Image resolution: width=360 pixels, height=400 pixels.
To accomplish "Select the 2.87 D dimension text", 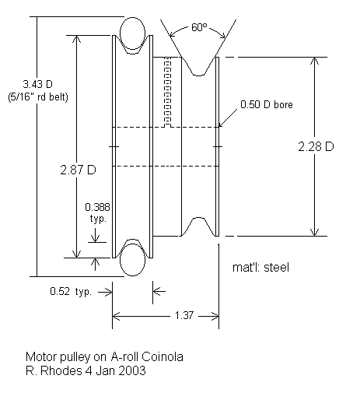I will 79,169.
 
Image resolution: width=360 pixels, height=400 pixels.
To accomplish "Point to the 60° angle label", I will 199,28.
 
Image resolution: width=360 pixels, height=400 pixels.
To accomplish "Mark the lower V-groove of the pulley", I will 198,226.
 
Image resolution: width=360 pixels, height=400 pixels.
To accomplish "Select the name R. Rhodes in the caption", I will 46,370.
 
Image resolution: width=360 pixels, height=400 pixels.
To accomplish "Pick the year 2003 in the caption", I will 131,370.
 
